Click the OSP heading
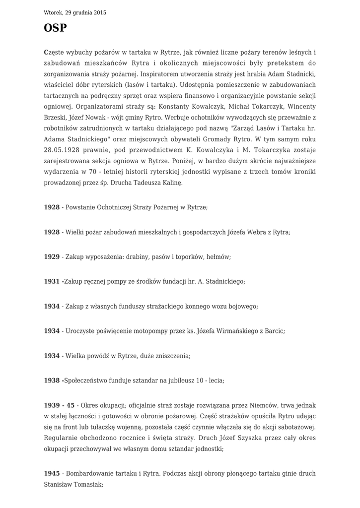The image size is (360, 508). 55,28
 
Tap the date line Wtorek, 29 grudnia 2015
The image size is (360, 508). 75,12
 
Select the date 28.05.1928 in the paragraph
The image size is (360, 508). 63,150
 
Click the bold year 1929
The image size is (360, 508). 52,257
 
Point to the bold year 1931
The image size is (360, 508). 52,281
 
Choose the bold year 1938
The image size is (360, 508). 52,381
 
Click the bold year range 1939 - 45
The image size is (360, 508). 60,405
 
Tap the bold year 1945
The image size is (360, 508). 52,473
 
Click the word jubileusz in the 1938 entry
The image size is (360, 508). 177,381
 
